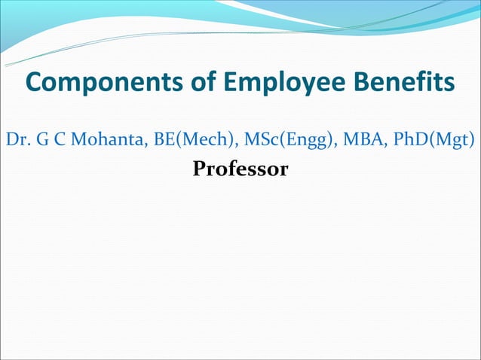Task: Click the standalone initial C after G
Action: [x=54, y=140]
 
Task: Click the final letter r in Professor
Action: [x=283, y=170]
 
